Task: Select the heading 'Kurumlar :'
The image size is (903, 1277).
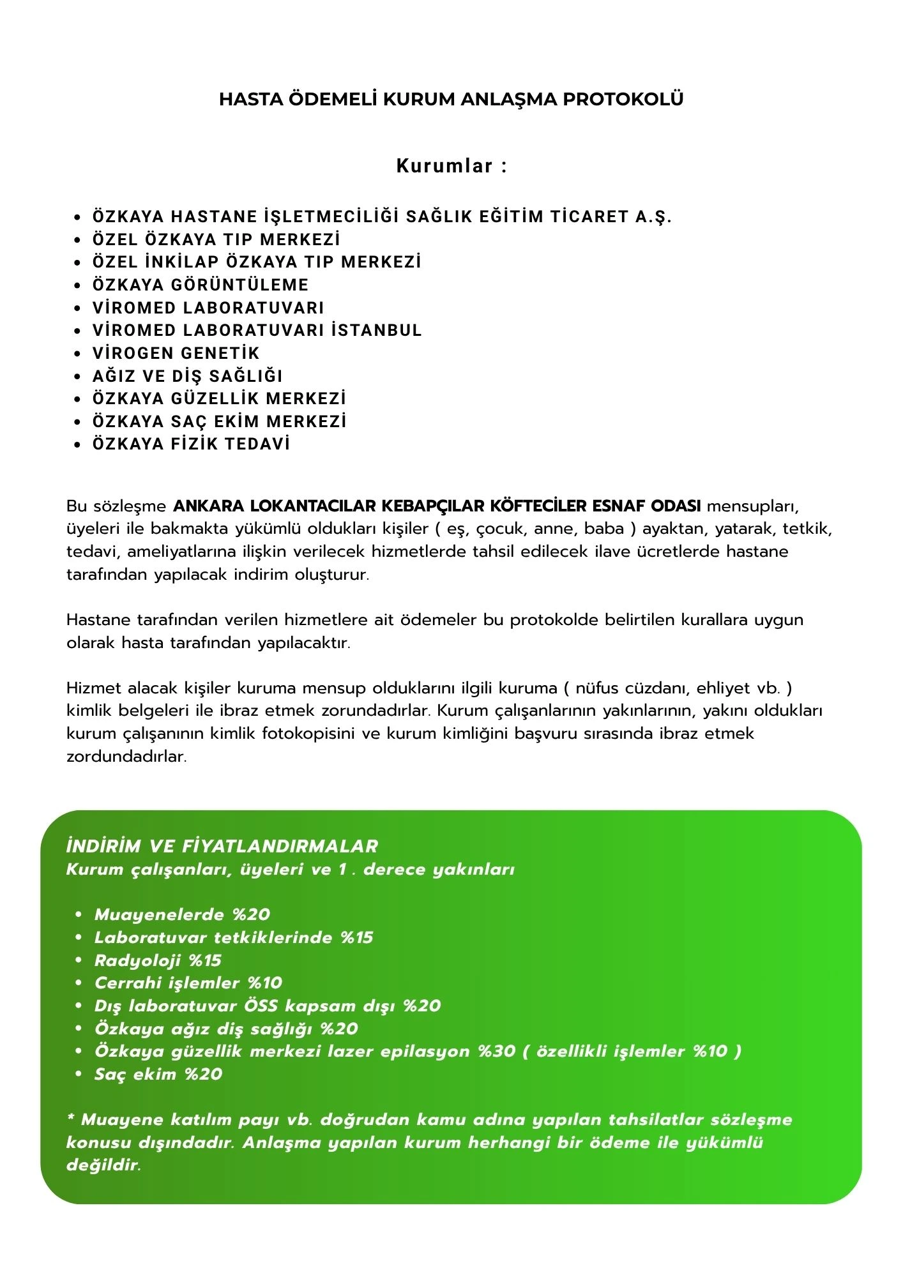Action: click(451, 166)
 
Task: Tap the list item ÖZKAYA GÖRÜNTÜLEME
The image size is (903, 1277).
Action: click(201, 285)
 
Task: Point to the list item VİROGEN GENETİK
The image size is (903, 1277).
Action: click(176, 353)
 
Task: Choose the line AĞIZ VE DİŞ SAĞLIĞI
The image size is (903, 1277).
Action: click(188, 376)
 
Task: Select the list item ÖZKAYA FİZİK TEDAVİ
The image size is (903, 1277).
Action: click(192, 444)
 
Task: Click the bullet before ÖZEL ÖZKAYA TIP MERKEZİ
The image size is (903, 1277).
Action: click(78, 240)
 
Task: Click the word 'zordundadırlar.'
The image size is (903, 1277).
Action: click(126, 757)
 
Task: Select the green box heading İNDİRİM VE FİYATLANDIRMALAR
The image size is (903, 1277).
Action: click(222, 847)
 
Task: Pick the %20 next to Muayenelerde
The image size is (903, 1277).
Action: click(252, 914)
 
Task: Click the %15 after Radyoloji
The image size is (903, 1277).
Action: click(205, 960)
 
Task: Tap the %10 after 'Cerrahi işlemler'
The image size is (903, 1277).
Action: click(265, 983)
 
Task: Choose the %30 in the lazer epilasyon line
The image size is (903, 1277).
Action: click(497, 1051)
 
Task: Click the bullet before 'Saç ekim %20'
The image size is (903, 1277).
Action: click(79, 1075)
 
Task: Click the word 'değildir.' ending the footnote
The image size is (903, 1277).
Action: click(104, 1165)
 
